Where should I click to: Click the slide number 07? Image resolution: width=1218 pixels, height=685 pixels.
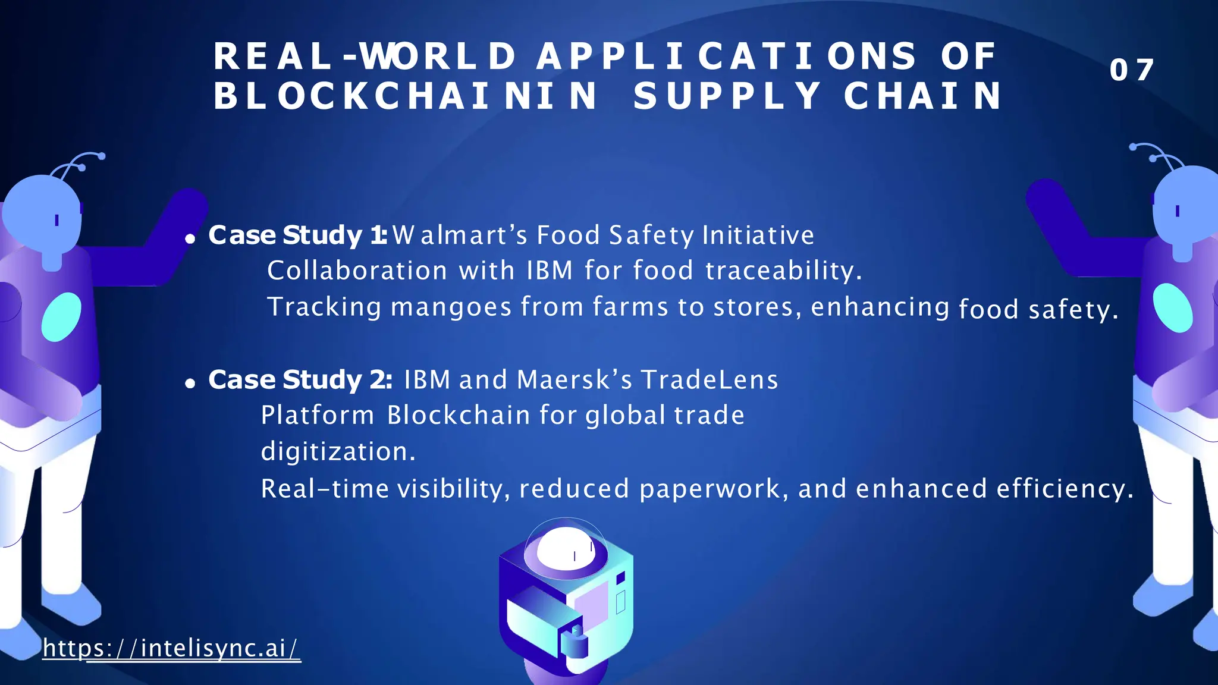coord(1131,70)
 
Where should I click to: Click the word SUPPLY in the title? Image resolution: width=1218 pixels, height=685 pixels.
coord(727,96)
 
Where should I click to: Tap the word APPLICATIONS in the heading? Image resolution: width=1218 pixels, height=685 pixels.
coord(727,56)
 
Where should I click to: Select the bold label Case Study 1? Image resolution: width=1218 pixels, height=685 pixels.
coord(297,235)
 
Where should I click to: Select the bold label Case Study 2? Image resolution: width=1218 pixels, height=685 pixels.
coord(300,379)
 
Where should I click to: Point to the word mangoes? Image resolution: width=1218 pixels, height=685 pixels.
coord(451,307)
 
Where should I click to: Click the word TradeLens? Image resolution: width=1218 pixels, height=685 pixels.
coord(709,379)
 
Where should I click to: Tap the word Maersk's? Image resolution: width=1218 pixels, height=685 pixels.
coord(575,379)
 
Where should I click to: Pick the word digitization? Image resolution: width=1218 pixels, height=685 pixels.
coord(338,451)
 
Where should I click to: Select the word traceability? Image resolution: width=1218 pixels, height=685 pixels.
coord(783,271)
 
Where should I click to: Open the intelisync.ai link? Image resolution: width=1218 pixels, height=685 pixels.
coord(171,648)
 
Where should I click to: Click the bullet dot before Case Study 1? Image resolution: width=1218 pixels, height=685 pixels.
coord(190,239)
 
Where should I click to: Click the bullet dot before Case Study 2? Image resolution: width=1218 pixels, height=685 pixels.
coord(190,384)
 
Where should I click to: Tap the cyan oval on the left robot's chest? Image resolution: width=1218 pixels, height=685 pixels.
coord(61,317)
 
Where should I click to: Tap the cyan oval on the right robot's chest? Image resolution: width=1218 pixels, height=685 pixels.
coord(1172,307)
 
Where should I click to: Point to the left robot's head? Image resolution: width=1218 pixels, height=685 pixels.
coord(42,214)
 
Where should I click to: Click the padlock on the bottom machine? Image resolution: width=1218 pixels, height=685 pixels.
coord(575,642)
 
